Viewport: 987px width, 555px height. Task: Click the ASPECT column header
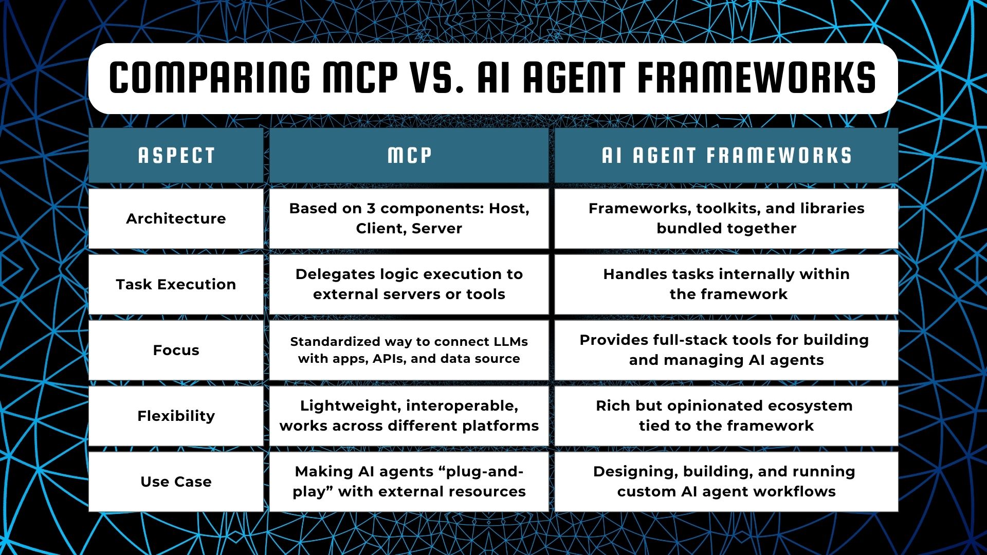tap(176, 155)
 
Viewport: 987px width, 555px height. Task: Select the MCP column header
tap(409, 155)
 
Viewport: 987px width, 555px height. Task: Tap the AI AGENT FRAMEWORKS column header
tap(726, 155)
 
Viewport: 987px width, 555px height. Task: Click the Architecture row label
tap(176, 218)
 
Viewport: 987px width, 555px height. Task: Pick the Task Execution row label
tap(176, 284)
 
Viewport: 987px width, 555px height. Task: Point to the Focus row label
tap(176, 350)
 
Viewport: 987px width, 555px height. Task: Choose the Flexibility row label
tap(176, 416)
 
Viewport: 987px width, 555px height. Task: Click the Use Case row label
tap(176, 482)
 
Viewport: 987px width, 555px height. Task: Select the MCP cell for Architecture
tap(409, 218)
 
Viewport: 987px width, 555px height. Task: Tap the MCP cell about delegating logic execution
tap(409, 284)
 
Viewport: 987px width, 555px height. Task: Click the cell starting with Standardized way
tap(409, 350)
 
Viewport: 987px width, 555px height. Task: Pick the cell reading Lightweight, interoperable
tap(409, 416)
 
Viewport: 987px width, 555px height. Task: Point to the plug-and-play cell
tap(409, 482)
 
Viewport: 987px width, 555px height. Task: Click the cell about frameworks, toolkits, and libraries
tap(726, 218)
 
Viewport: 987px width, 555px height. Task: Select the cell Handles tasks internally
tap(726, 284)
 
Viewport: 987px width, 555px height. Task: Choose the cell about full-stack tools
tap(726, 350)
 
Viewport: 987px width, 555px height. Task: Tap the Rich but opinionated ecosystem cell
tap(726, 416)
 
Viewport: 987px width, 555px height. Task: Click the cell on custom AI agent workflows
tap(726, 482)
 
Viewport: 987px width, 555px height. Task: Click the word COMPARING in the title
tap(210, 78)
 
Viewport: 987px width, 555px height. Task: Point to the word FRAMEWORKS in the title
tap(757, 78)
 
